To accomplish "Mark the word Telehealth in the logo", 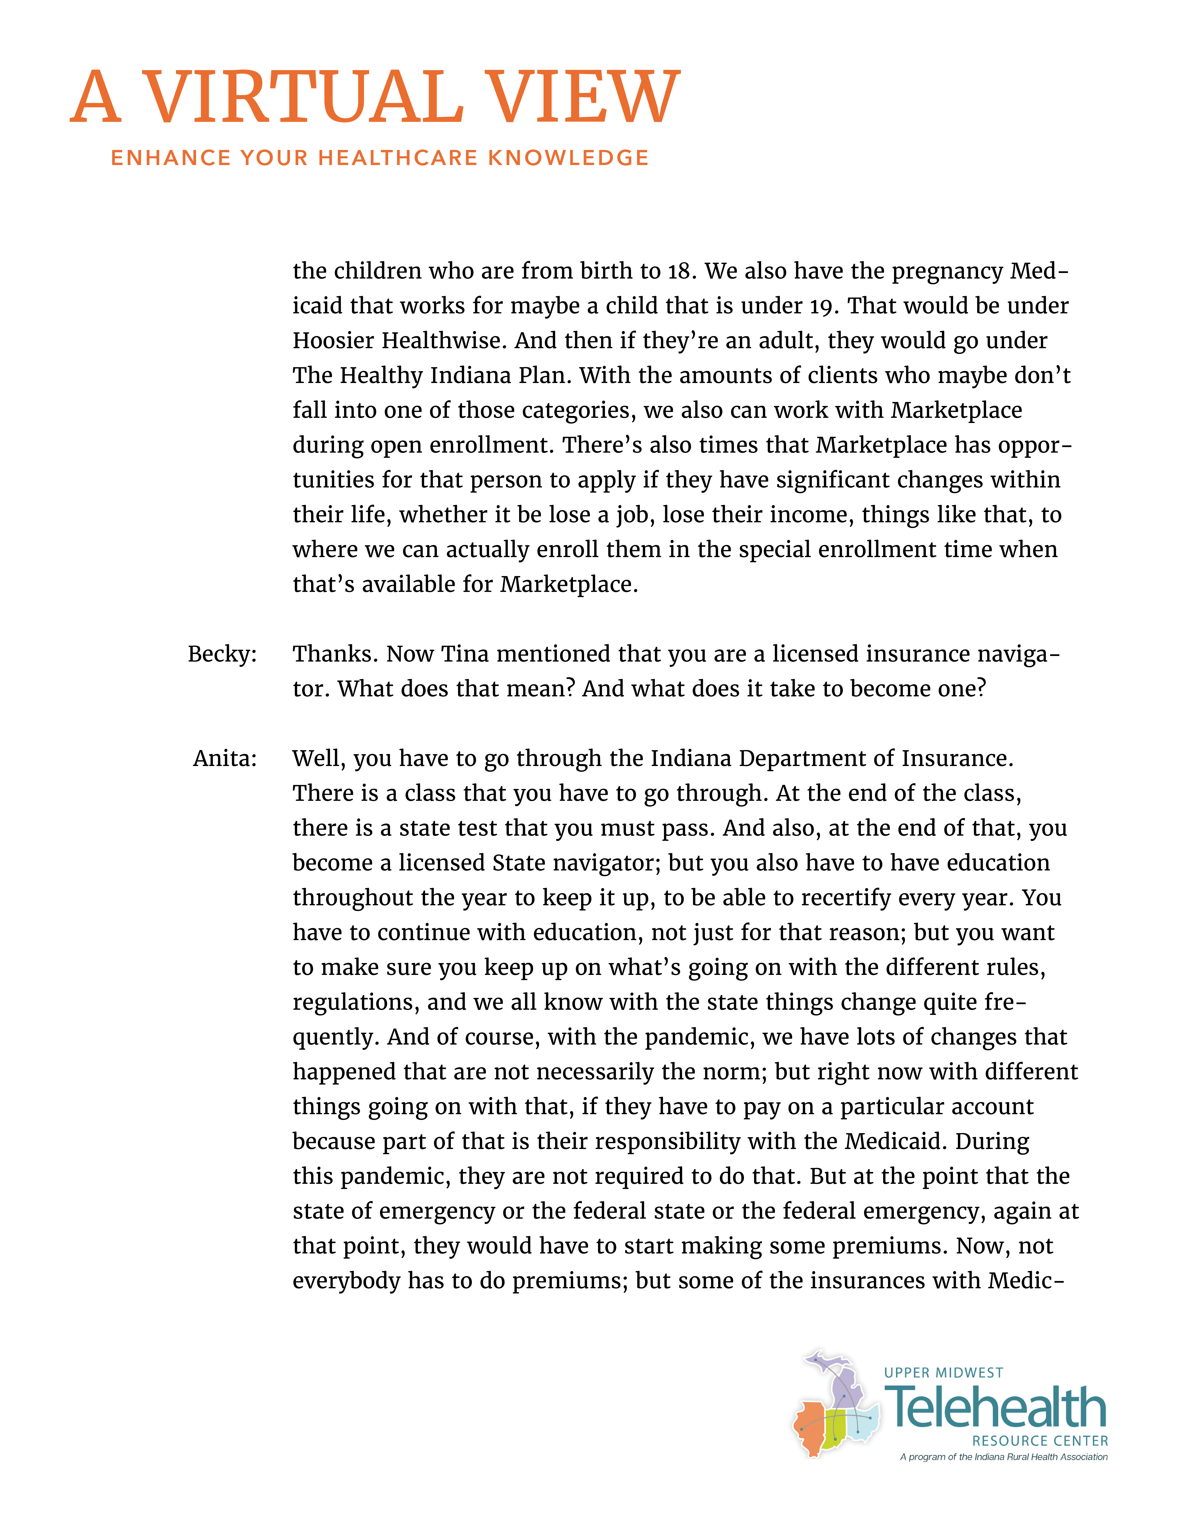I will [996, 1407].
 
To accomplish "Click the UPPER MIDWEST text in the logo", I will [943, 1373].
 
